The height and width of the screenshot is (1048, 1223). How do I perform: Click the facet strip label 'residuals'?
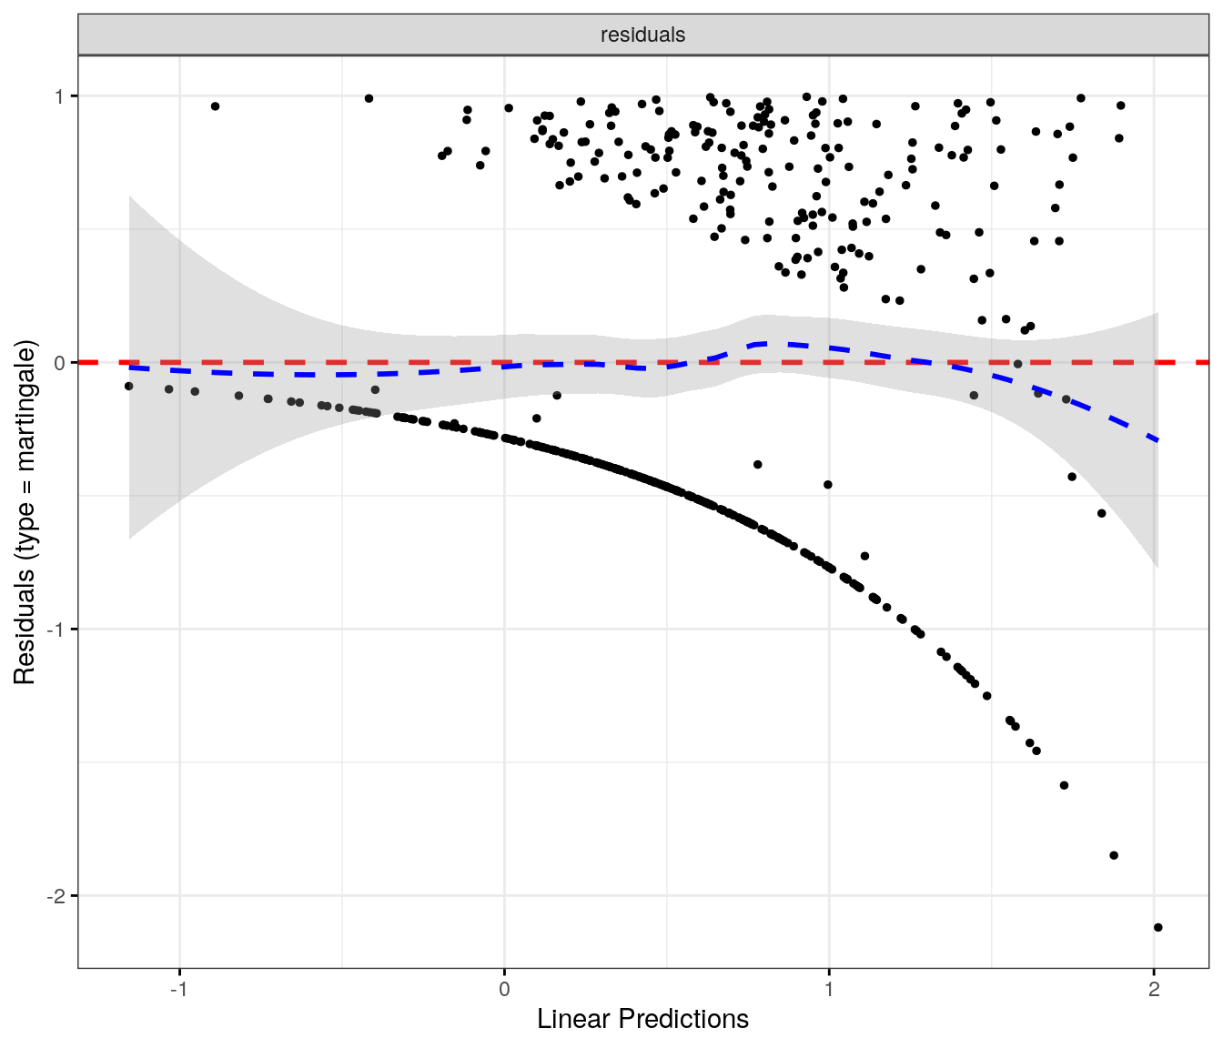coord(642,35)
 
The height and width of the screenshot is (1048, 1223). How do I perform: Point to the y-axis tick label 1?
coord(61,96)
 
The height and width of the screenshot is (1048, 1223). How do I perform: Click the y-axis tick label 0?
coord(61,363)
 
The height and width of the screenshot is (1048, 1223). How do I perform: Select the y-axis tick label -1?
coord(57,630)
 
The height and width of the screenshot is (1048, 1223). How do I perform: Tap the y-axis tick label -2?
coord(57,896)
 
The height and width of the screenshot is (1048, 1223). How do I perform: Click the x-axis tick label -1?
coord(179,990)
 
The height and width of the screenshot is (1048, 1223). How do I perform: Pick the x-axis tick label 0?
coord(504,990)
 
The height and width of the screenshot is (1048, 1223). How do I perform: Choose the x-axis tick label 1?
coord(829,990)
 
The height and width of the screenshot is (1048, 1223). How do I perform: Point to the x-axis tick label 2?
coord(1154,990)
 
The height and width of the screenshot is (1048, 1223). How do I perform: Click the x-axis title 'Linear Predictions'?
coord(642,1019)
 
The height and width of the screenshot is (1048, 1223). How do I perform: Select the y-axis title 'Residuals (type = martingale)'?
coord(24,512)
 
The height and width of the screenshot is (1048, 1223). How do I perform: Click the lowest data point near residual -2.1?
coord(1157,927)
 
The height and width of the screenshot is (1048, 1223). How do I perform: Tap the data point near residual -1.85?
coord(1114,855)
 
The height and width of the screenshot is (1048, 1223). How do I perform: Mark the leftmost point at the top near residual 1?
coord(215,106)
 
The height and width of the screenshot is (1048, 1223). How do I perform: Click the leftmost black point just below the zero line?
coord(128,386)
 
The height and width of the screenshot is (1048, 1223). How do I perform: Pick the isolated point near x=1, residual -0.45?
coord(828,485)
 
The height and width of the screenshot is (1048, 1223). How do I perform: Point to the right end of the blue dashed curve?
coord(1157,440)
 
